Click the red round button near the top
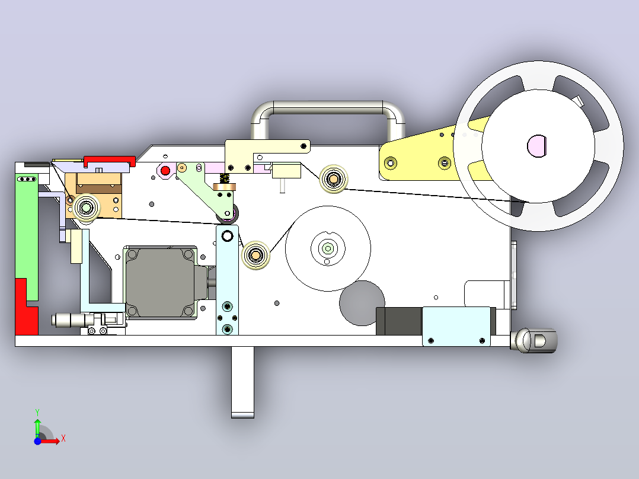point(165,170)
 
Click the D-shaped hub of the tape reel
point(536,145)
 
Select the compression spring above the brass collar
point(224,178)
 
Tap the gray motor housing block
point(160,282)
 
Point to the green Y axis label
point(37,413)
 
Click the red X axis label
point(63,439)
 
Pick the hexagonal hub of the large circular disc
point(328,248)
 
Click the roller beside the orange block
point(86,208)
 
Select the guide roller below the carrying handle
point(333,179)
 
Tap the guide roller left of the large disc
point(255,255)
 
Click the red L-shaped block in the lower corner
point(27,306)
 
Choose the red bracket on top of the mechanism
point(109,161)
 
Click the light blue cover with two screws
point(456,326)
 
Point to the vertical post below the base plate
point(242,382)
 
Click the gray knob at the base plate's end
point(534,340)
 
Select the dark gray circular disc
point(362,303)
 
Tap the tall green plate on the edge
point(27,237)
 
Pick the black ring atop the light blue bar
point(227,235)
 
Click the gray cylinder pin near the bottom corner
point(69,320)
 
